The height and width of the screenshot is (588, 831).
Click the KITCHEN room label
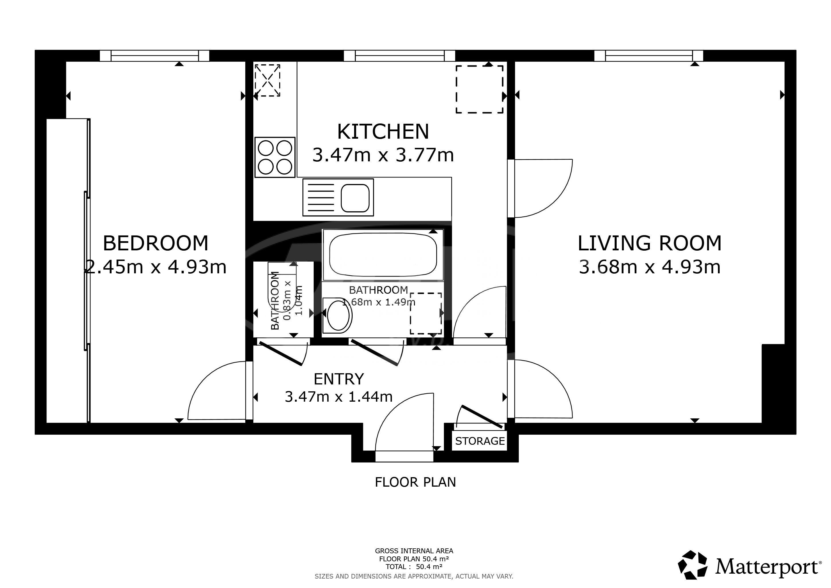tap(383, 131)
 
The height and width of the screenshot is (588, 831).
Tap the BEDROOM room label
tap(156, 243)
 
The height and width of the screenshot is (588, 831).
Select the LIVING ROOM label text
tap(649, 243)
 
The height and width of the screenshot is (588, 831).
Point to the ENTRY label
tap(338, 379)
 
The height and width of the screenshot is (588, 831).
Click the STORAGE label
tap(480, 441)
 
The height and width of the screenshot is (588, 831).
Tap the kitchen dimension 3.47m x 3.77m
tap(383, 155)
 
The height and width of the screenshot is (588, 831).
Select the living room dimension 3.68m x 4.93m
tap(650, 267)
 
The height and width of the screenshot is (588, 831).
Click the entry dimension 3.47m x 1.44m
tap(338, 397)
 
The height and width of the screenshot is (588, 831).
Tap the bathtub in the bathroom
tap(383, 255)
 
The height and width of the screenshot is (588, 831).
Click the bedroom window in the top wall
tap(155, 56)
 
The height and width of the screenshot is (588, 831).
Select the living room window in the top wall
tap(649, 56)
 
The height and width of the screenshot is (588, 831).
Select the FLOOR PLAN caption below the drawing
tap(416, 482)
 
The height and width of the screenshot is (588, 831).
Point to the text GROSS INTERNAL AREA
tap(414, 551)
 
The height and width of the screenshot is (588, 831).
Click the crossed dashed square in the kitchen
tap(267, 80)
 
